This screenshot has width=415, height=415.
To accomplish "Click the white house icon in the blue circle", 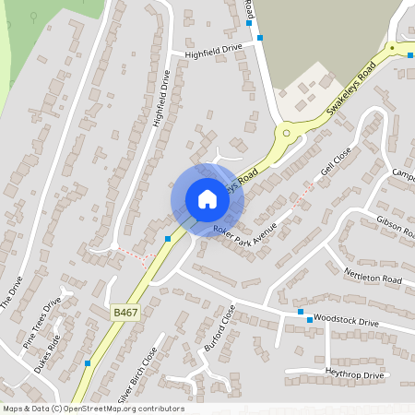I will [207, 199].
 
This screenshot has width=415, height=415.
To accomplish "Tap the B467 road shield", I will [125, 314].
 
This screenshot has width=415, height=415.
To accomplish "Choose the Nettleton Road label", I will [373, 276].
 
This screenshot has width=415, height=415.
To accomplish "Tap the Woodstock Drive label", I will [346, 322].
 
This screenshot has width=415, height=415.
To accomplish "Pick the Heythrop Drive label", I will [354, 375].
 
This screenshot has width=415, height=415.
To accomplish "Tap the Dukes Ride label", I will [48, 351].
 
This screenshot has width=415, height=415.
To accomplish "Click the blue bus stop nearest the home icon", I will [168, 239].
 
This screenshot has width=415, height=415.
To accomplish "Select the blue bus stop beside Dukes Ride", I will [87, 363].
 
